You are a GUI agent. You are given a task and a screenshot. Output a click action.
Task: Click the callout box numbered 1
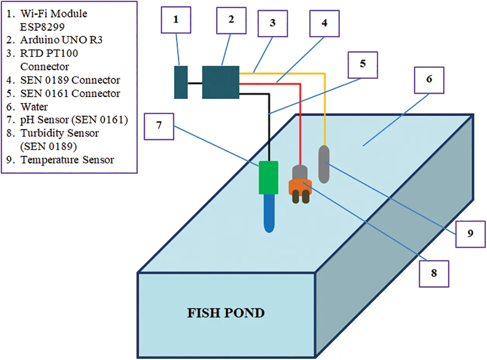[x=176, y=19]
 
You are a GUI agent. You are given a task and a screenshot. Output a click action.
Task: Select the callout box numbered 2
[x=231, y=20]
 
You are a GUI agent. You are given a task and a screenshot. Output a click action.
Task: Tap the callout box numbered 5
[x=362, y=63]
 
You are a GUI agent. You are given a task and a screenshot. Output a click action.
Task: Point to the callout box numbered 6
[x=429, y=80]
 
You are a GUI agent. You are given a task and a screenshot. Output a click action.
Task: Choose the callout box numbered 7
[x=158, y=126]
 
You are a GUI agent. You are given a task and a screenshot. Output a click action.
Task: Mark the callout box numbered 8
[x=433, y=273]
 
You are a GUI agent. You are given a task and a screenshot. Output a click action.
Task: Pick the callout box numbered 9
[x=470, y=234]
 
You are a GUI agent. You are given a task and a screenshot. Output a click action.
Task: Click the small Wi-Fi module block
[x=181, y=82]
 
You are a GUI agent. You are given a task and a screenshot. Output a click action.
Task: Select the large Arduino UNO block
[x=220, y=82]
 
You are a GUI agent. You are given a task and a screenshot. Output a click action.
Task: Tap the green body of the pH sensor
[x=269, y=177]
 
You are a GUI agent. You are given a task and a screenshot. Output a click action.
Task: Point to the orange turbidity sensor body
[x=300, y=186]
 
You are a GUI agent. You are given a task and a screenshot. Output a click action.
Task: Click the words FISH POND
[x=226, y=313]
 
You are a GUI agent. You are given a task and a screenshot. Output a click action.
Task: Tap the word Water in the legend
[x=34, y=107]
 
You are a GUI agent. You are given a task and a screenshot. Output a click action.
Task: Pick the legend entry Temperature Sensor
[x=67, y=160]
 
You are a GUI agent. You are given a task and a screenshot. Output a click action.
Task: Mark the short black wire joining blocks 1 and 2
[x=195, y=83]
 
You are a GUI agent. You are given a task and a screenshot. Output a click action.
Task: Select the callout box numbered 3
[x=272, y=23]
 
